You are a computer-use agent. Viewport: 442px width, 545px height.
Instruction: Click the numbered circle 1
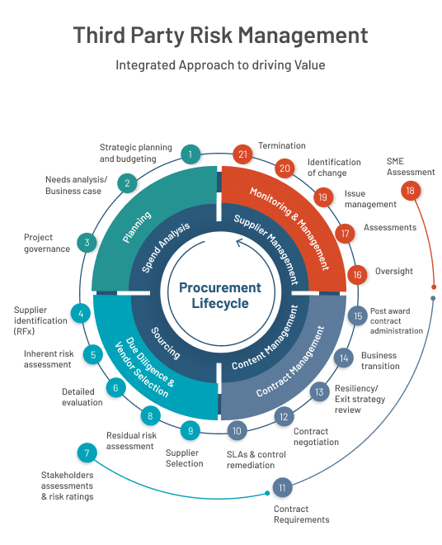tap(190, 154)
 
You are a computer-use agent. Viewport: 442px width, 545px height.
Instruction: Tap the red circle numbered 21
tap(242, 154)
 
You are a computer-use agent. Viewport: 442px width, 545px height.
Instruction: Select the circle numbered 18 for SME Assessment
tap(410, 191)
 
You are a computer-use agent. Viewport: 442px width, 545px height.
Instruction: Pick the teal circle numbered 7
tap(87, 453)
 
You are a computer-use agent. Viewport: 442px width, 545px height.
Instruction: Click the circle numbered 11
tap(282, 488)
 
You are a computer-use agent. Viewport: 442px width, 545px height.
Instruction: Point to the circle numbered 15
tap(358, 316)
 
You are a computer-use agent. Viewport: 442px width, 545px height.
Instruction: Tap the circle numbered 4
tap(81, 314)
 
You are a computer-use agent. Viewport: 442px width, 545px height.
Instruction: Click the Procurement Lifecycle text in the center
tap(220, 296)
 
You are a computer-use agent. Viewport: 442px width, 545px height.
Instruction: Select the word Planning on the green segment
tap(137, 226)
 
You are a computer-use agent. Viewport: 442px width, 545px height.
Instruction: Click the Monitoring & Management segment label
tap(289, 229)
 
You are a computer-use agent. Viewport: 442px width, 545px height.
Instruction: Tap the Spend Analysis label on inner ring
tap(166, 247)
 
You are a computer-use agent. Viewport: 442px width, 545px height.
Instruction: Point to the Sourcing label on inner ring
tap(166, 343)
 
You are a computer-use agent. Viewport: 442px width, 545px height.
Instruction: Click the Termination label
tap(282, 145)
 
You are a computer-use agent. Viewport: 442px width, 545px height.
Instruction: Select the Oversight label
tap(394, 271)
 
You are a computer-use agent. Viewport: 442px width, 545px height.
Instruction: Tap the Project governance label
tap(47, 243)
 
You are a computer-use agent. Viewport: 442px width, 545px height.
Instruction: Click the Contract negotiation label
tap(317, 437)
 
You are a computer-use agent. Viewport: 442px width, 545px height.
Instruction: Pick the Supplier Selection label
tap(185, 458)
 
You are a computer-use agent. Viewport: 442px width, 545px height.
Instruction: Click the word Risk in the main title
tap(211, 36)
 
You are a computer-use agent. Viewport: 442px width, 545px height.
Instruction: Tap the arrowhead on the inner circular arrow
tap(240, 242)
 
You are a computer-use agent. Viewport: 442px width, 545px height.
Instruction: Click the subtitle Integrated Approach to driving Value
tap(220, 65)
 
